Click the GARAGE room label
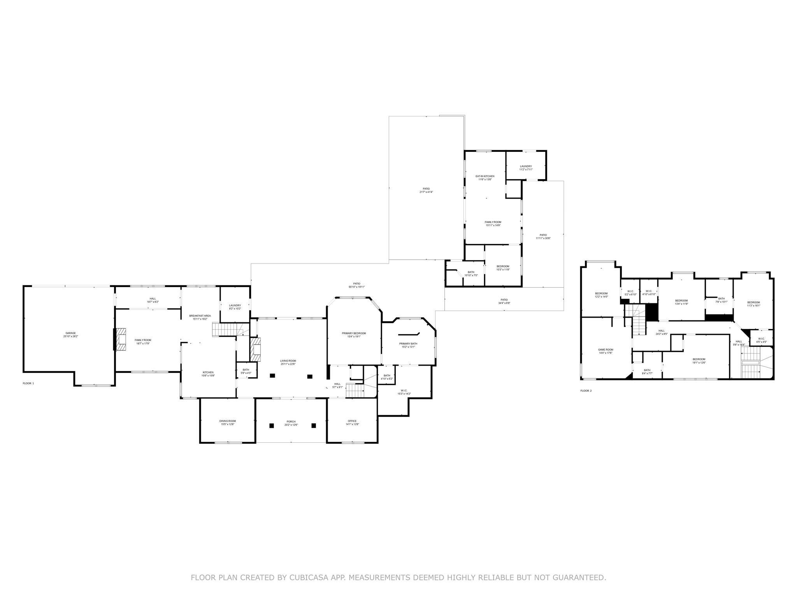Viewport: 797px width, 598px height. [70, 335]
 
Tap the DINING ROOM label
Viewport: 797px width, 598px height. [227, 422]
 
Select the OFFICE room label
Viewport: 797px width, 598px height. [352, 422]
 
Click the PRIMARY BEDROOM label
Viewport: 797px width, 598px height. [354, 335]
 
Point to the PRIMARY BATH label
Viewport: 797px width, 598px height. [408, 345]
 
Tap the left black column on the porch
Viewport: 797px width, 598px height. [272, 426]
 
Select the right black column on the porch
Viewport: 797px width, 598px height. [313, 426]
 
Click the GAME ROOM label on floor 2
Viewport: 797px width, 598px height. [606, 351]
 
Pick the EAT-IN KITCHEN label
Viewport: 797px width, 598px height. [485, 178]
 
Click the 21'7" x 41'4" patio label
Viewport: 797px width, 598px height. [426, 190]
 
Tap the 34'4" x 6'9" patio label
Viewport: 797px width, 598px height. [504, 301]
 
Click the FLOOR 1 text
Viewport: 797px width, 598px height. [28, 383]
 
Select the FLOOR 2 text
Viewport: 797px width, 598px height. [586, 390]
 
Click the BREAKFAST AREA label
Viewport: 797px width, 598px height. [200, 317]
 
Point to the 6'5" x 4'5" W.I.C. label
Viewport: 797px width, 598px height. [761, 340]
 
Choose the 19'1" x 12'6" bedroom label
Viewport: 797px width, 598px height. [699, 361]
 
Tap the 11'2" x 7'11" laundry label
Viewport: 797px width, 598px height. [526, 168]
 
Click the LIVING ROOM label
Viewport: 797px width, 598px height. [288, 362]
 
